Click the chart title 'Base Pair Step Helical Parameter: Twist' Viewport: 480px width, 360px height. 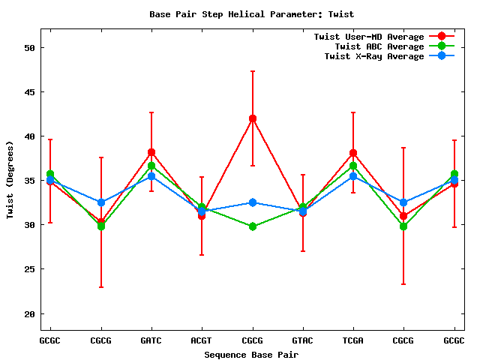pos(251,14)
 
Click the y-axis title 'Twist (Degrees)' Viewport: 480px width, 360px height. pos(10,180)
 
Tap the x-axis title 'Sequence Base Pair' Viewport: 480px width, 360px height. pos(251,354)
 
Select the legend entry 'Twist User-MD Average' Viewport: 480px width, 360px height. pos(370,37)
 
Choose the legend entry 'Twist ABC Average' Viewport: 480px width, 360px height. pos(379,46)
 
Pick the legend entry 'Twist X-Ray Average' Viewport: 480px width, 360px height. pos(374,56)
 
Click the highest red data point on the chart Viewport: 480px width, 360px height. pos(252,118)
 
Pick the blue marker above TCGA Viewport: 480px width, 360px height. pos(352,176)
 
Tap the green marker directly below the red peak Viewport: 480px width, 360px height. pos(252,226)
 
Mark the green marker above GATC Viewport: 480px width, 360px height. pos(151,166)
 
